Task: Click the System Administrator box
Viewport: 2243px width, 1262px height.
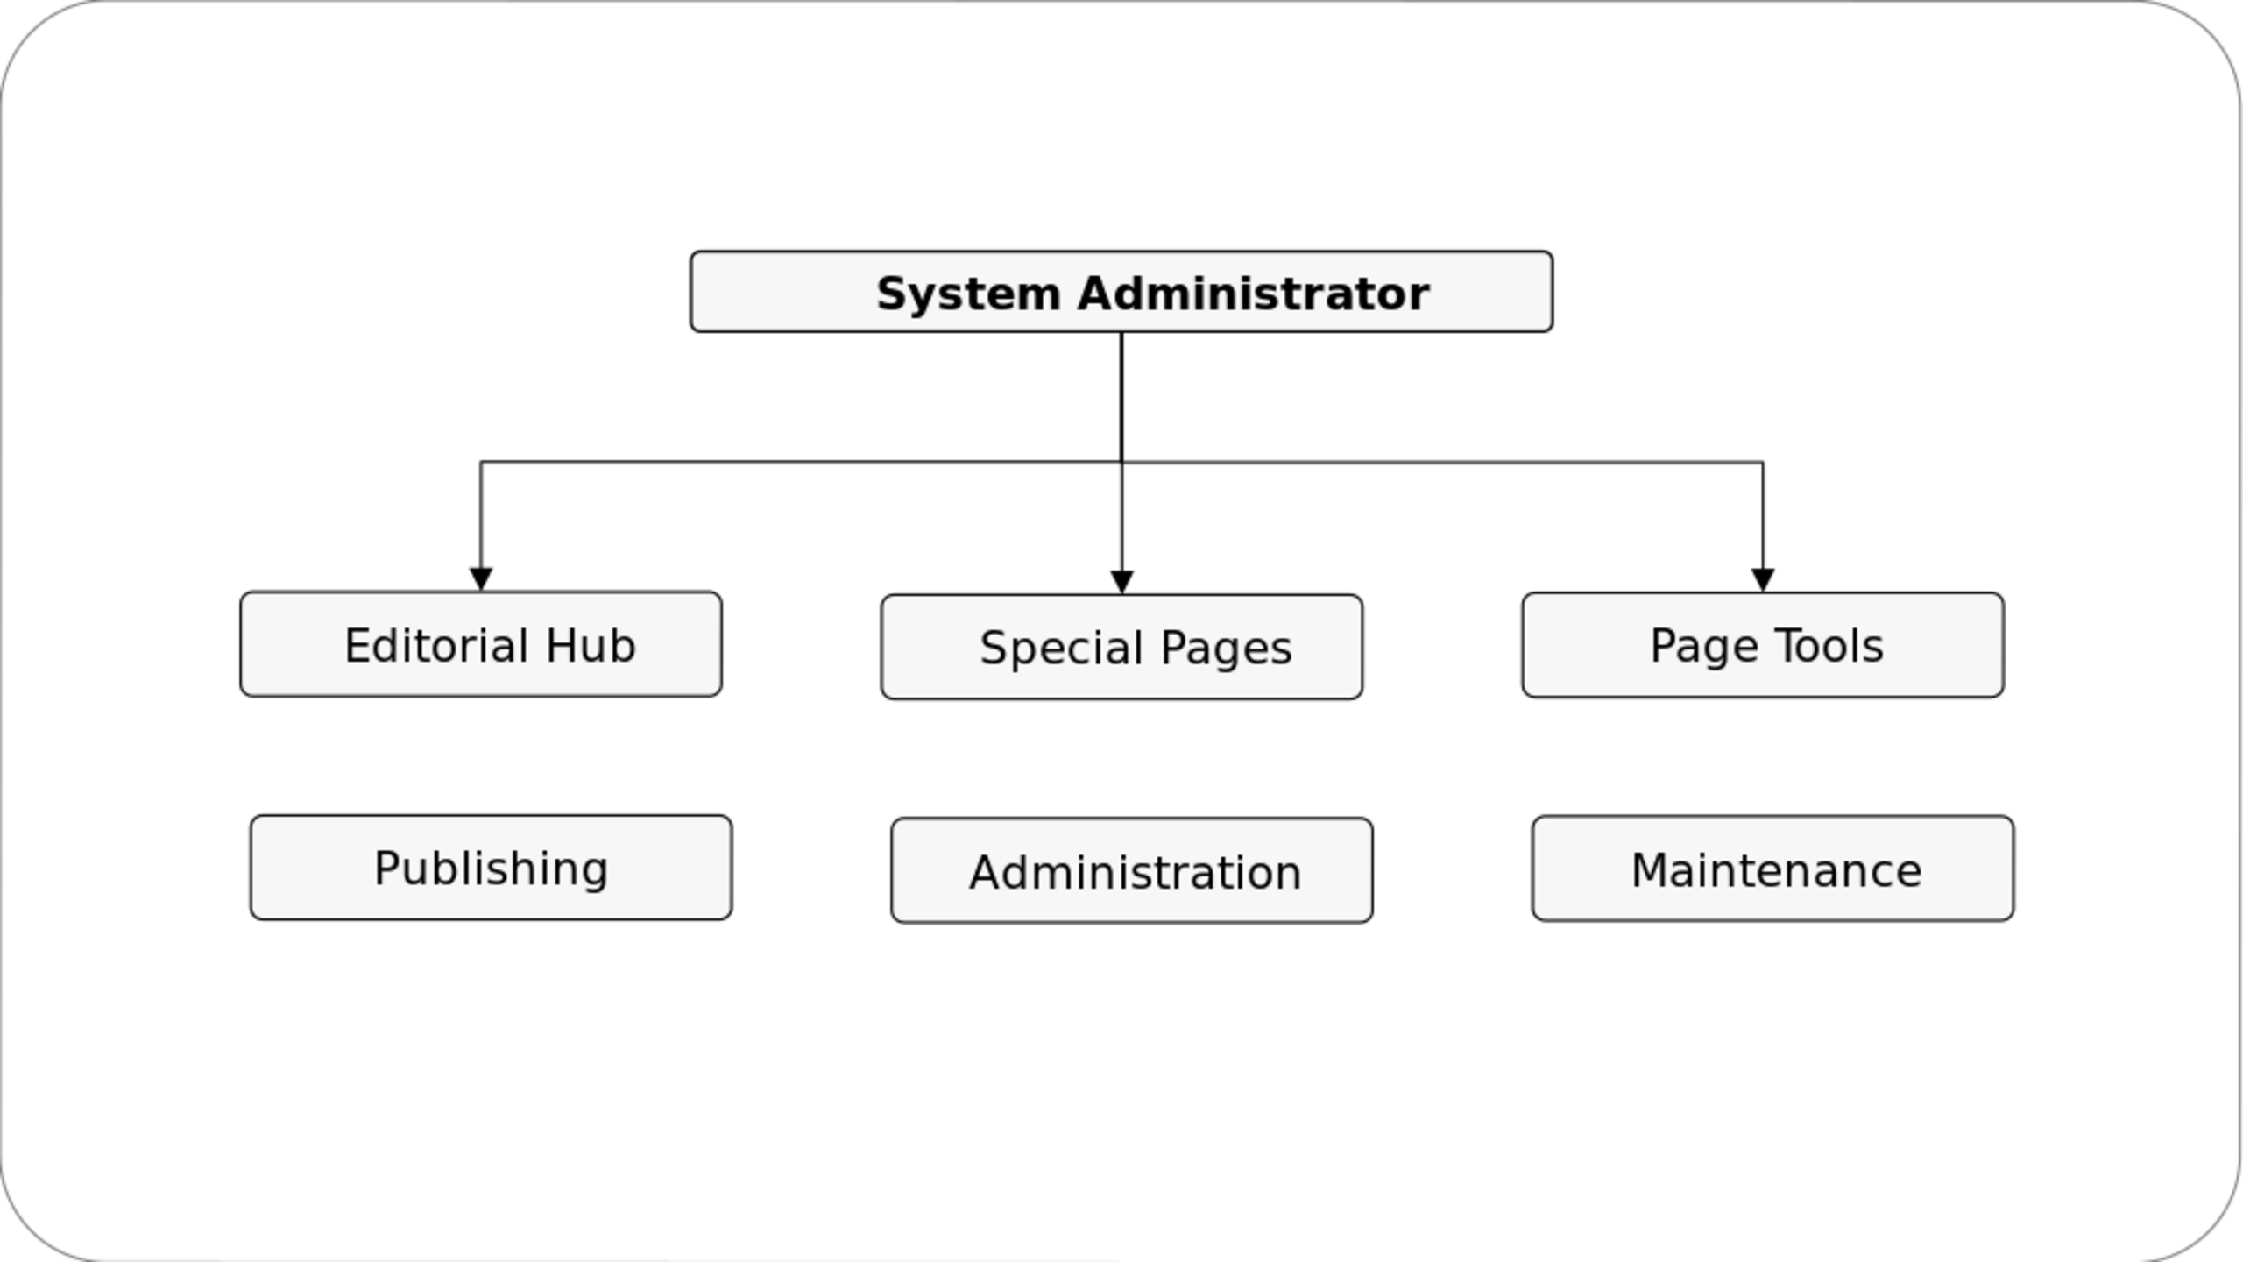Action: point(1121,292)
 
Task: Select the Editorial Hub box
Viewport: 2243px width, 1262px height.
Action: point(481,644)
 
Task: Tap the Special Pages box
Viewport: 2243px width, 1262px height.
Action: point(1121,647)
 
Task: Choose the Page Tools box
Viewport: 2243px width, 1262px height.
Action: point(1763,645)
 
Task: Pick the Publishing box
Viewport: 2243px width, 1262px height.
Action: point(491,868)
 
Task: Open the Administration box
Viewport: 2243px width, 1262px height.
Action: point(1132,870)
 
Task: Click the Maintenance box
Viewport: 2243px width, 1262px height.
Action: point(1773,869)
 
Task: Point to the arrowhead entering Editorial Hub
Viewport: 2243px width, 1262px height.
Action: point(481,579)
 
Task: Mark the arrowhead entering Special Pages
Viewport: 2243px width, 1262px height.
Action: point(1121,582)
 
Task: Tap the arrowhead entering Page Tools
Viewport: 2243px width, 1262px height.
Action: point(1763,580)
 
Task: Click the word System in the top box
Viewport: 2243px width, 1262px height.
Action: point(968,294)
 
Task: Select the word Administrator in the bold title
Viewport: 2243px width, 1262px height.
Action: point(1254,294)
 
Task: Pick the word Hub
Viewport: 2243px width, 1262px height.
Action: point(591,646)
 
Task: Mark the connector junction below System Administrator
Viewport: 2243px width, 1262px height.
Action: point(1121,462)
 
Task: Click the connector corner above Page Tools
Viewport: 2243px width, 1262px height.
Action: point(1763,462)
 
